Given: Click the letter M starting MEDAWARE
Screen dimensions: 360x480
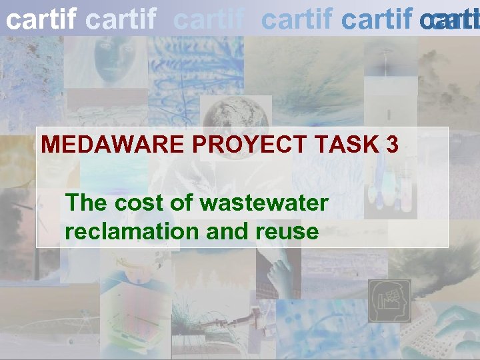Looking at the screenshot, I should click(x=51, y=145).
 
